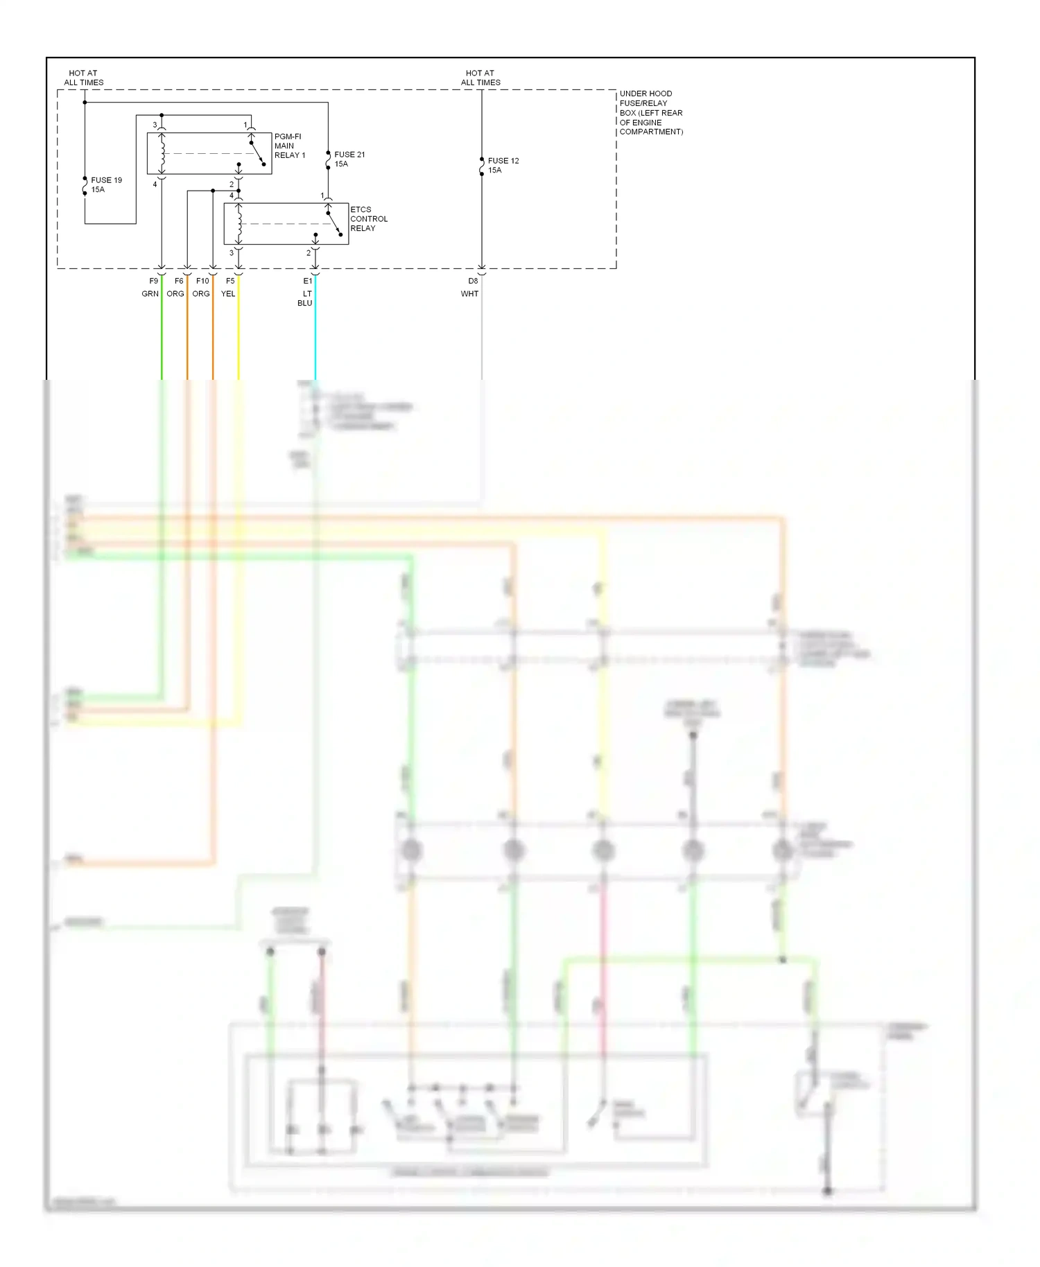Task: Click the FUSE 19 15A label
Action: point(106,185)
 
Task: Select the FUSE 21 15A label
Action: point(349,159)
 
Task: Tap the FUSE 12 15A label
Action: point(503,166)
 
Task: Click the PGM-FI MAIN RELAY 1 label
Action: point(289,146)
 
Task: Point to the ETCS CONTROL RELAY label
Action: point(368,219)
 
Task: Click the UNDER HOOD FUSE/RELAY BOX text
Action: point(650,112)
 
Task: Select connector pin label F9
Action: point(154,281)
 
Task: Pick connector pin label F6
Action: point(179,281)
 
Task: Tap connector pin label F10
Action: point(202,281)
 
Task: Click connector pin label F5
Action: point(230,281)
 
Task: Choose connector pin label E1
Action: point(308,281)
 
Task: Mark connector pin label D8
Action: point(473,281)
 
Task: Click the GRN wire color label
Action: point(150,294)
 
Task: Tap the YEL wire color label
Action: point(228,294)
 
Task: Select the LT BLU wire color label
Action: point(306,299)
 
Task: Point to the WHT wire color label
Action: point(469,294)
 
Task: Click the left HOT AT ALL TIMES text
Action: point(83,78)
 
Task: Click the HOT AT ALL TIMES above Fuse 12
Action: point(480,78)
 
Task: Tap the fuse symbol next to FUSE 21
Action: point(328,160)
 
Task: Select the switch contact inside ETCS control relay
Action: point(334,223)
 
